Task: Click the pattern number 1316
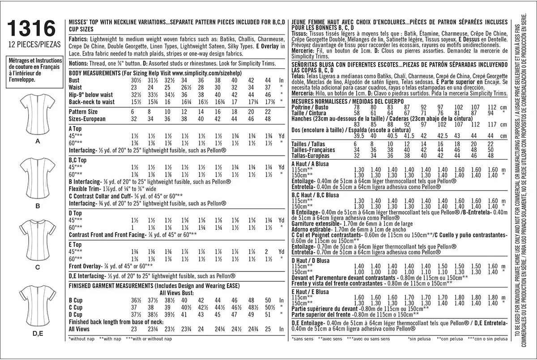31,29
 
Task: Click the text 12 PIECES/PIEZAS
31,45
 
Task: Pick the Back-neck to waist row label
92,102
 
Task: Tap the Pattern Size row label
83,111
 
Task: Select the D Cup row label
76,314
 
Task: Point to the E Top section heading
75,245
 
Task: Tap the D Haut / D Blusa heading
310,261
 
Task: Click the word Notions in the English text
78,62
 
